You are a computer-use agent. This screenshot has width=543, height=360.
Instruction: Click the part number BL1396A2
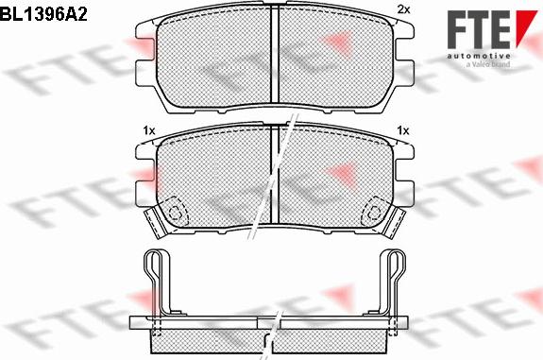(43, 14)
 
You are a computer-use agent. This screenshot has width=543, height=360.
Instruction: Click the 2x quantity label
(403, 9)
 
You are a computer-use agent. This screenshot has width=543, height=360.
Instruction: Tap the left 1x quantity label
(149, 130)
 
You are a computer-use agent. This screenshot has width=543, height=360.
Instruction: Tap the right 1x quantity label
(403, 130)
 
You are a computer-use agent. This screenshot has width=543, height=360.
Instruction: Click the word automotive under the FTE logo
(479, 56)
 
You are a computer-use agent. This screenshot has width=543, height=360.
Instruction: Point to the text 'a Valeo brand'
(488, 64)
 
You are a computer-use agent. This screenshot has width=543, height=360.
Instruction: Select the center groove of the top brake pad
(274, 55)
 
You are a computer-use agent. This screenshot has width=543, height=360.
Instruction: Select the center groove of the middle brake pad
(274, 174)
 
